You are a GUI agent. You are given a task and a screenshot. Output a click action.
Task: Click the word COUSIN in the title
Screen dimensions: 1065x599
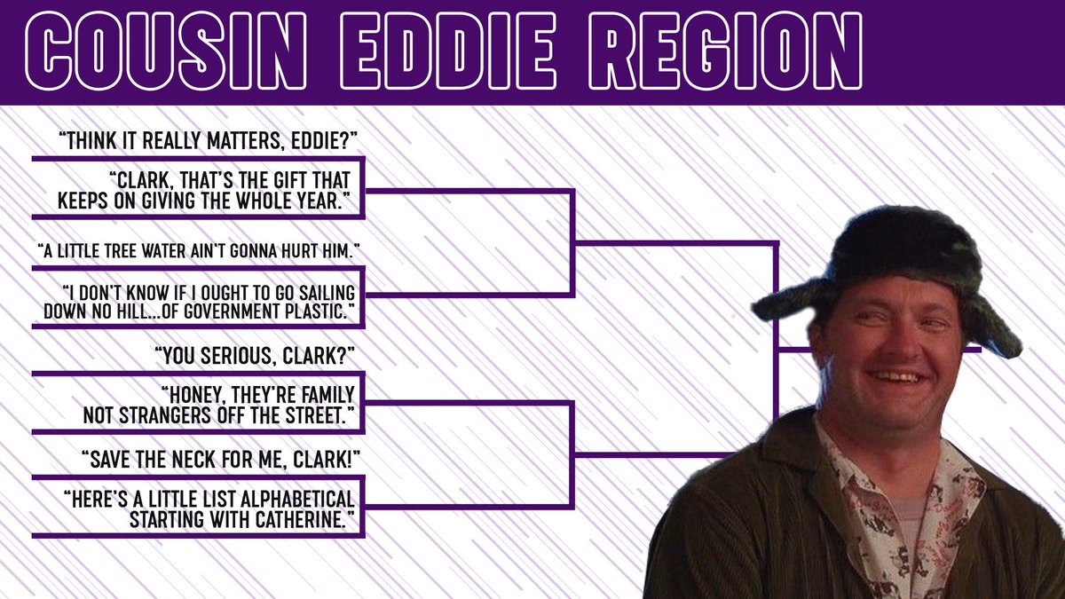[x=166, y=51]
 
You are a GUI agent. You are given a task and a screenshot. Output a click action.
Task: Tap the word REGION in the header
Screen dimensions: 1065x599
[x=725, y=51]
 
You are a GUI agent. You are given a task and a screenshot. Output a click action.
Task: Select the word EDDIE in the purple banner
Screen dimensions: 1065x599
[x=447, y=51]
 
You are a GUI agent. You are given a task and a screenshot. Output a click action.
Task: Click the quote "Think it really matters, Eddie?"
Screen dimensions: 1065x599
[x=208, y=141]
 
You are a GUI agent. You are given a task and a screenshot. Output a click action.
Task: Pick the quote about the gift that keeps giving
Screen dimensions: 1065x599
[x=204, y=191]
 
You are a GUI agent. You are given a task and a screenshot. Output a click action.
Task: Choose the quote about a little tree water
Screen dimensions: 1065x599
[x=198, y=250]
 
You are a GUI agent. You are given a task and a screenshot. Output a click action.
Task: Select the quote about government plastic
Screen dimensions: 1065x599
[x=199, y=303]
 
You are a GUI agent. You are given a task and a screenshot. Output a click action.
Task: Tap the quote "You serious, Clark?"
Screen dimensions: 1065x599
[x=256, y=356]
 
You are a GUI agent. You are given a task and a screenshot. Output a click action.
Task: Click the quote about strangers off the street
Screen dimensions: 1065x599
[x=219, y=406]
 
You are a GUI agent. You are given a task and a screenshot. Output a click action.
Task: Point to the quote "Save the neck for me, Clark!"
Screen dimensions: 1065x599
[x=221, y=460]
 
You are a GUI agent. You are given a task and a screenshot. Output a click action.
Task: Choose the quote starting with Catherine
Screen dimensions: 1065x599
[x=209, y=509]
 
